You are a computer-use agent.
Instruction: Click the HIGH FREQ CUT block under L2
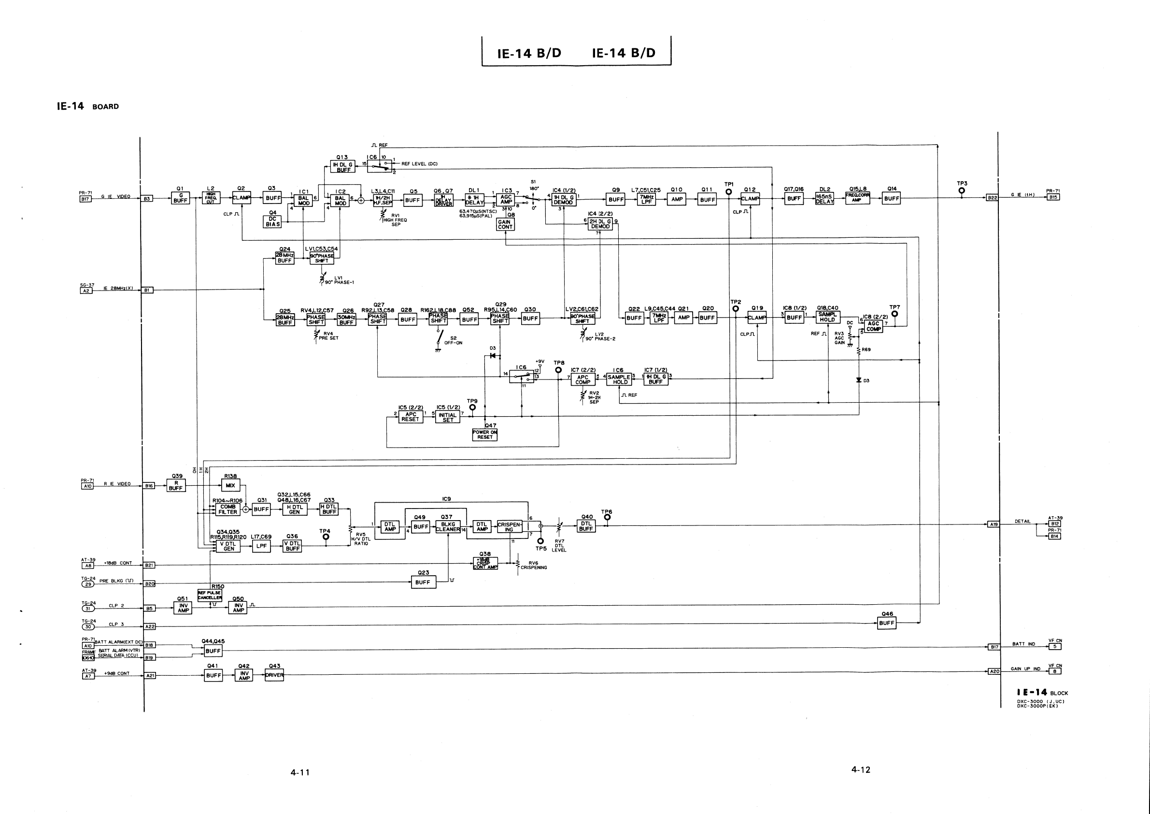click(211, 199)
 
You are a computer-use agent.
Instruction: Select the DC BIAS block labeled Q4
click(272, 221)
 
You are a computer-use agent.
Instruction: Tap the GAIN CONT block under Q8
click(505, 225)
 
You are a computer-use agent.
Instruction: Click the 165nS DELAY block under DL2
click(824, 199)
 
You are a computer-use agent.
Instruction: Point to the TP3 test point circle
click(962, 190)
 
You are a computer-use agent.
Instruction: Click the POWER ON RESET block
click(484, 435)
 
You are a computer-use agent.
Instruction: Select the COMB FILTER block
click(227, 509)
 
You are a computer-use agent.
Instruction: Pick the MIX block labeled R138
click(230, 485)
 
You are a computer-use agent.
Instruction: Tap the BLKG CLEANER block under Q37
click(448, 527)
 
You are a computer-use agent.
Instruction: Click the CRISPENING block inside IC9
click(509, 527)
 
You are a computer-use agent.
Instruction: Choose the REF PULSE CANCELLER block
click(209, 595)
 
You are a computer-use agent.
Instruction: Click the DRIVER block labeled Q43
click(274, 675)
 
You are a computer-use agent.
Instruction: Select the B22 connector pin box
click(992, 198)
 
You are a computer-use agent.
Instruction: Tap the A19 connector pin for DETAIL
click(993, 524)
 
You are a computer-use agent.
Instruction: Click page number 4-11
click(300, 772)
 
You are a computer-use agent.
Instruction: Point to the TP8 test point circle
click(558, 370)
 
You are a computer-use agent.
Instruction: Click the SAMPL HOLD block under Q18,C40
click(827, 317)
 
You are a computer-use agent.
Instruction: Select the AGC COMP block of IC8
click(873, 326)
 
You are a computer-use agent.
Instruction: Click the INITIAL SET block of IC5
click(447, 418)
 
